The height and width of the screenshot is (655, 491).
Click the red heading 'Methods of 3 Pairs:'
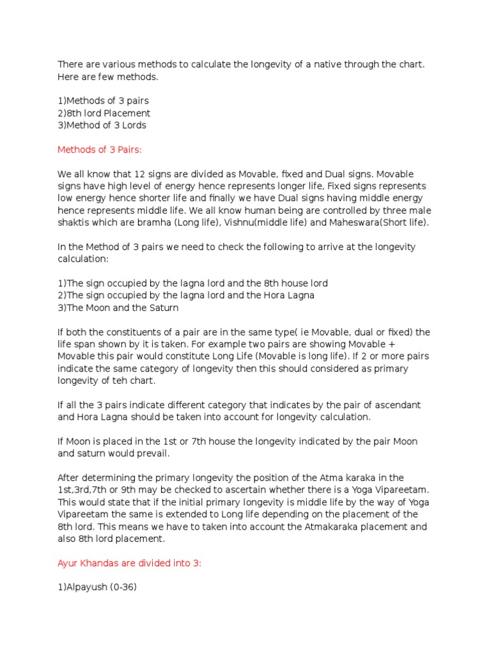(99, 150)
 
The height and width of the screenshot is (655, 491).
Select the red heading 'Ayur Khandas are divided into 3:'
(130, 563)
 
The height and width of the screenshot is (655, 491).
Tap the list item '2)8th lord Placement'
(104, 113)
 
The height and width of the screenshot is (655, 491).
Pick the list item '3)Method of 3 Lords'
(102, 125)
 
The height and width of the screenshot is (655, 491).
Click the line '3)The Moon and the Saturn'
(118, 308)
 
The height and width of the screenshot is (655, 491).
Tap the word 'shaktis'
(74, 223)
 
